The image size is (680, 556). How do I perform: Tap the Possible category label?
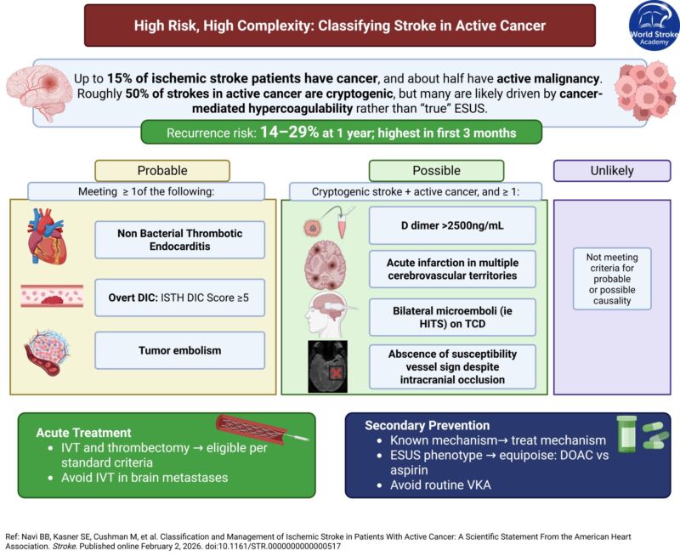[x=437, y=171]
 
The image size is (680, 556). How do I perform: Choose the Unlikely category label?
[x=612, y=171]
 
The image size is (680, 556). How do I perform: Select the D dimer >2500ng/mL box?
[x=452, y=225]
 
